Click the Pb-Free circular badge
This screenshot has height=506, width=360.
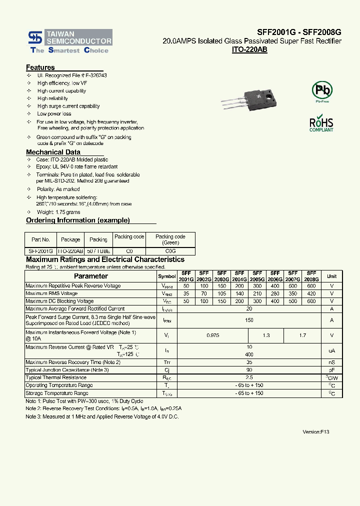322,91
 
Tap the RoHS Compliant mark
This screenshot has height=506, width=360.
321,123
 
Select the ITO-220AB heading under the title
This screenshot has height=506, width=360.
249,50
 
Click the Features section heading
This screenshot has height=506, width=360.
40,67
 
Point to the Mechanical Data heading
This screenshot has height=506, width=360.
53,152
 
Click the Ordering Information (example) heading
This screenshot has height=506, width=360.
78,220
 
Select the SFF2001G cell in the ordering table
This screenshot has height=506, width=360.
40,251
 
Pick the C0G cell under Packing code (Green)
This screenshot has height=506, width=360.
170,251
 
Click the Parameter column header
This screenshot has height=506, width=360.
91,276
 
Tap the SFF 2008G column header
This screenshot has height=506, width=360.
311,276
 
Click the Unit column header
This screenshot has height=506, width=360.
332,276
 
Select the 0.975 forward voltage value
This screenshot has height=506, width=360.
212,335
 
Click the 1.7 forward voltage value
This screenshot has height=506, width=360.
302,335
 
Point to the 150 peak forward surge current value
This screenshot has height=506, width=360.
249,320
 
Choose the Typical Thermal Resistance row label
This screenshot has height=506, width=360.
56,377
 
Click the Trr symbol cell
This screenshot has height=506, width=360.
167,362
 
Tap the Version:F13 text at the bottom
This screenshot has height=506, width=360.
316,431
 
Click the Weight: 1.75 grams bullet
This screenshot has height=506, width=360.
58,212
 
